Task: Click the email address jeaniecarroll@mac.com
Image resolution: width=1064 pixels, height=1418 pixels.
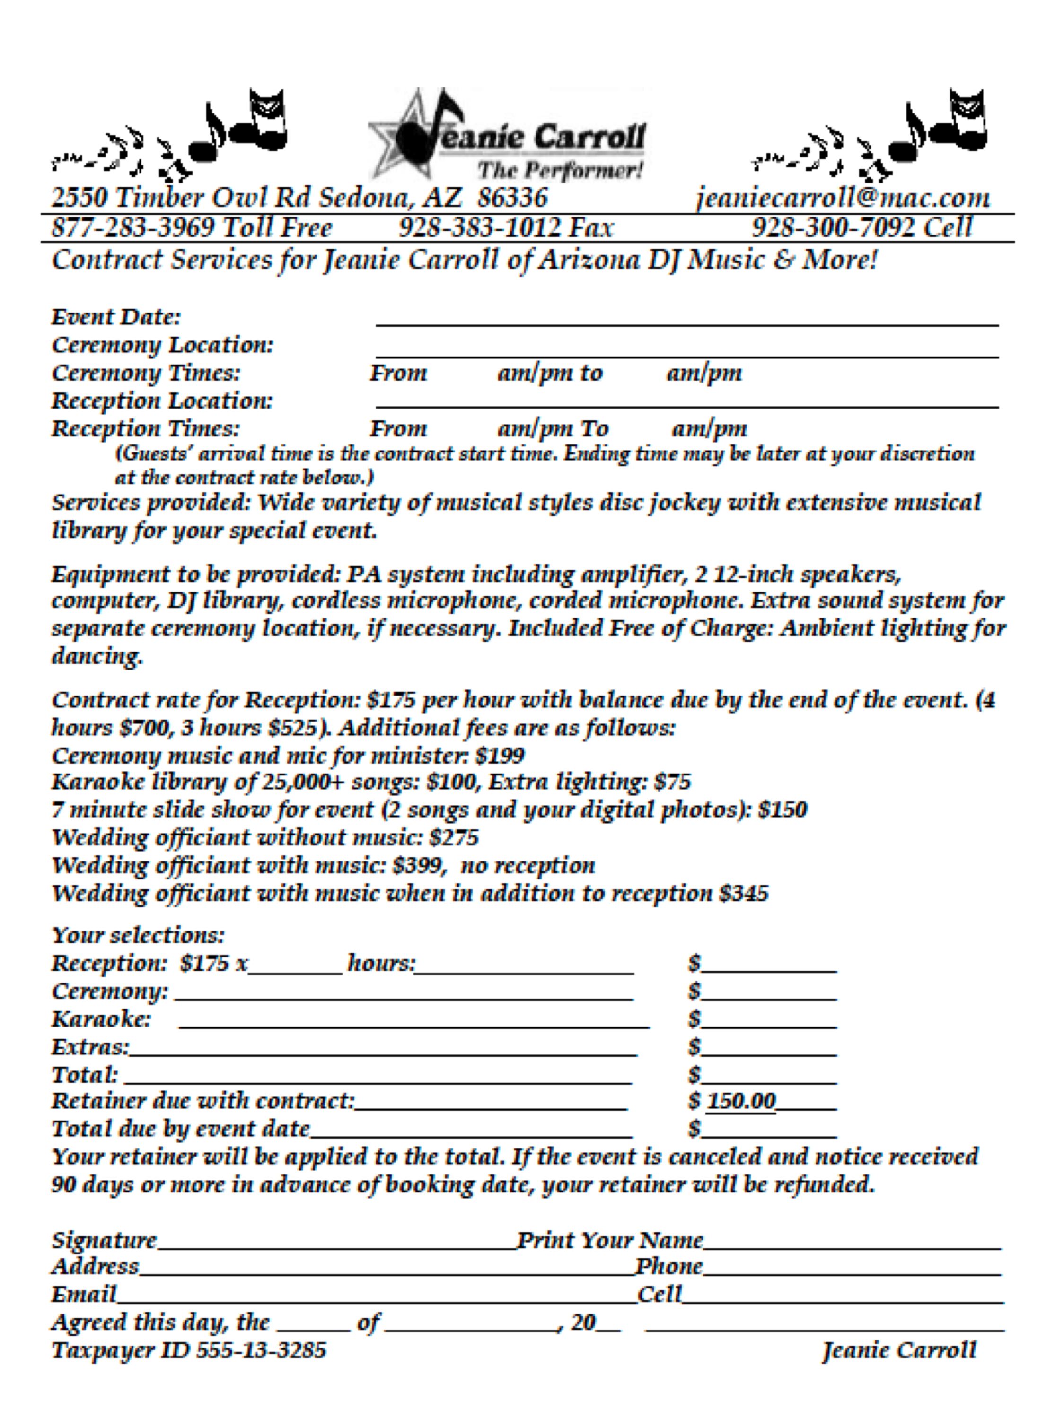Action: click(x=842, y=198)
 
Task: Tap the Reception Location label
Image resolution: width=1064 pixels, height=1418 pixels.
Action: click(x=162, y=401)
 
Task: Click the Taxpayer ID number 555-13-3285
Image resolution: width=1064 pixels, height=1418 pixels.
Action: click(x=260, y=1351)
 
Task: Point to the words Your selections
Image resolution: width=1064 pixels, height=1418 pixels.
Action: click(x=138, y=935)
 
